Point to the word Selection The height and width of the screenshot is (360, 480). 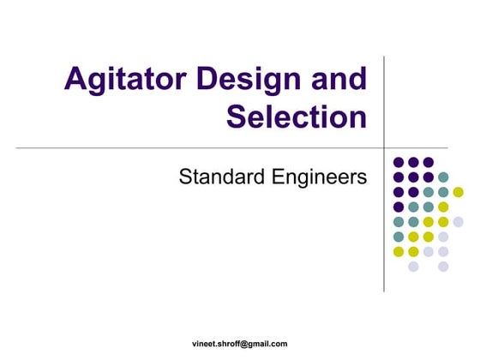(297, 117)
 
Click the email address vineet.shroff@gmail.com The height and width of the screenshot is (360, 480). (239, 344)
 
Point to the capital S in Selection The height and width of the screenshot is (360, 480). (237, 117)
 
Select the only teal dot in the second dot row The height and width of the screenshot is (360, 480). (443, 177)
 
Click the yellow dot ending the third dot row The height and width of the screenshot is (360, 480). (458, 192)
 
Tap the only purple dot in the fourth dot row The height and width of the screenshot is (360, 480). (399, 207)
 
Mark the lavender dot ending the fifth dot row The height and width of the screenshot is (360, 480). (458, 222)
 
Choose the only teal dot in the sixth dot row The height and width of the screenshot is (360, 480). (399, 237)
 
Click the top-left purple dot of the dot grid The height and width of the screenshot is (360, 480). (399, 162)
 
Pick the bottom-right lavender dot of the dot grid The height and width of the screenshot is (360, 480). (443, 267)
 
